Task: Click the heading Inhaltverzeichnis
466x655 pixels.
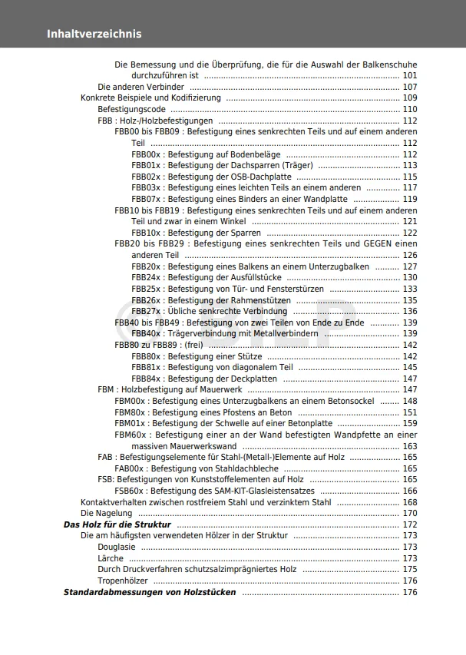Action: pos(94,34)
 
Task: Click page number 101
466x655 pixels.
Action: pos(410,76)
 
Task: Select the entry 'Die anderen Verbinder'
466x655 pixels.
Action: pos(140,87)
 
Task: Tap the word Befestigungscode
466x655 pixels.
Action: pos(132,110)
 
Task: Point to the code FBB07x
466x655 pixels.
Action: pos(146,199)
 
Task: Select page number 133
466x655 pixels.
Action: pos(410,289)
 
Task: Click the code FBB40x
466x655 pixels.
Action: pos(146,333)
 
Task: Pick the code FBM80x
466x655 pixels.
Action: pos(130,412)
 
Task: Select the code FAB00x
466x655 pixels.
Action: pos(129,468)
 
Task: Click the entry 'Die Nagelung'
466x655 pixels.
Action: pos(106,513)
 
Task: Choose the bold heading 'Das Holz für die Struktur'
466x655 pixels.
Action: pos(117,524)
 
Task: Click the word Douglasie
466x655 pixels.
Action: pos(117,547)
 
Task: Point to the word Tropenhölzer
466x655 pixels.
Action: pos(123,581)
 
